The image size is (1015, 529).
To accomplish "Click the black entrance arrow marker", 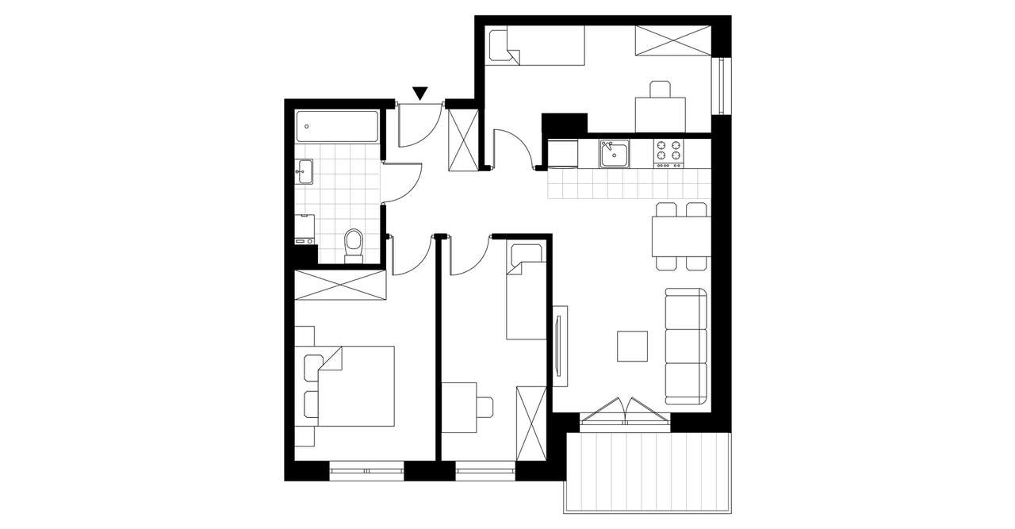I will click(x=420, y=94).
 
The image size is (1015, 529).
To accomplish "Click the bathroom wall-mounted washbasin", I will click(x=304, y=171).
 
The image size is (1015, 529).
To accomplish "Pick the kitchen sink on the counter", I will click(x=614, y=153).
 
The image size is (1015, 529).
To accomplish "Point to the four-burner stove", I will click(x=668, y=153).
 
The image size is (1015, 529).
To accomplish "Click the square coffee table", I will click(x=633, y=346).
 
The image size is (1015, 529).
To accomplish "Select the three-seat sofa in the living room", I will click(x=686, y=346).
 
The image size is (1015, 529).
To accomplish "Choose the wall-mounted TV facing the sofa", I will click(x=559, y=347).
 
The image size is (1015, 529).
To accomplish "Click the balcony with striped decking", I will click(x=648, y=473).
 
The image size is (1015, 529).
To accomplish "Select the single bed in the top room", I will click(x=535, y=46).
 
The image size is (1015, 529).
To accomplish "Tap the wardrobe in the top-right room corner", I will click(x=672, y=40).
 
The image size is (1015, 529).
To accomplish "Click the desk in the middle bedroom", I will click(x=459, y=407).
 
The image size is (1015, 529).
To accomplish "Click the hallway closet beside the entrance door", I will click(x=463, y=138).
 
